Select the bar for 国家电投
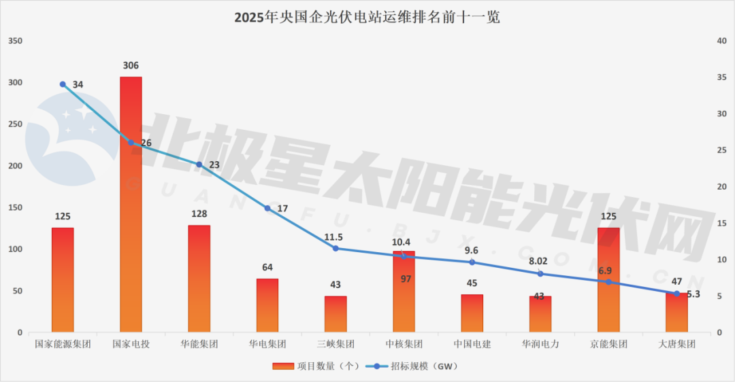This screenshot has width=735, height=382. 131,204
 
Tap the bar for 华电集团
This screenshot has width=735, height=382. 267,305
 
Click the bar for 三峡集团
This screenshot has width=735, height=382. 336,314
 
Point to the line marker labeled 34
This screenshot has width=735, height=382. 63,84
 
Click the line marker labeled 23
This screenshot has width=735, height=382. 199,164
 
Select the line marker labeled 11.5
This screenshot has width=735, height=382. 336,248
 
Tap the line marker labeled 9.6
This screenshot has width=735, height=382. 472,262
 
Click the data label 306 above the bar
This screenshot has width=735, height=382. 131,66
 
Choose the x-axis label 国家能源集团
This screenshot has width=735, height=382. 63,344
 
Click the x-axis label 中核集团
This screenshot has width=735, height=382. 404,344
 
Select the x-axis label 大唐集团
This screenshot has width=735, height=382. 676,344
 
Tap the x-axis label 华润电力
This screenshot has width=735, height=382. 540,344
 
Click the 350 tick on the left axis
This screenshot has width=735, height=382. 15,41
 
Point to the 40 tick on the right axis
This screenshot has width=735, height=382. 722,41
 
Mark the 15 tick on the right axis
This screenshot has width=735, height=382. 722,224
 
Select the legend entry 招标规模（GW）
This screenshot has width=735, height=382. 413,366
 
